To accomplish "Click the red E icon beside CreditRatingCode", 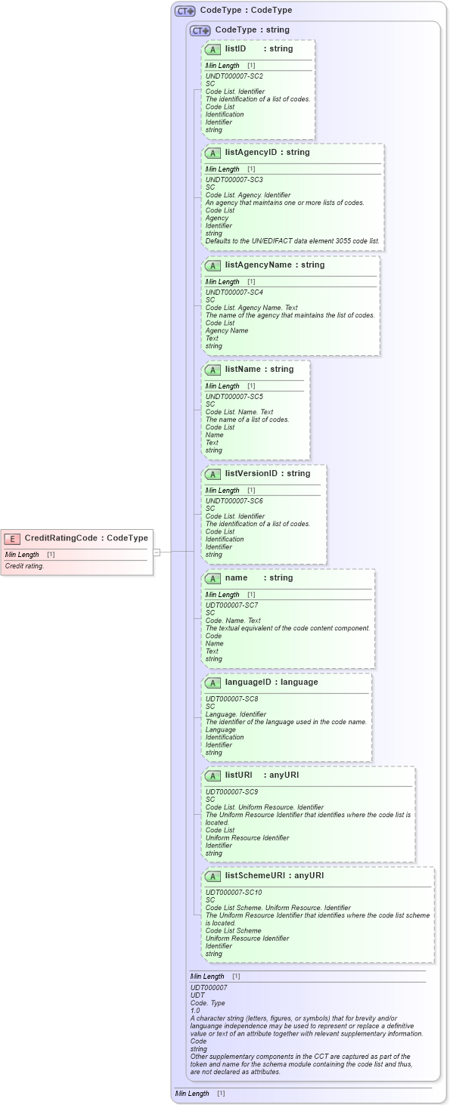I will (12, 538).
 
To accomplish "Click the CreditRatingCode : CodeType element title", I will (85, 538).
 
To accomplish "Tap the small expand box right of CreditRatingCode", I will (157, 552).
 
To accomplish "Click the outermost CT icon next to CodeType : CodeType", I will (185, 11).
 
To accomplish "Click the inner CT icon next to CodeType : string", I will (200, 30).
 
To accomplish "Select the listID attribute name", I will (235, 49).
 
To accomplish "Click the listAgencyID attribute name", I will (251, 153).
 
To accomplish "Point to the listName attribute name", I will (242, 370).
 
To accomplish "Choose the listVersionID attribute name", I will (251, 474).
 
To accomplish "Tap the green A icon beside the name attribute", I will (213, 578).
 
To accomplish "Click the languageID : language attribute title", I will (271, 682).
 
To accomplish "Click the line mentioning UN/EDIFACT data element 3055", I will (293, 241).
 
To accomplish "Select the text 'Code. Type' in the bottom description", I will (207, 1002).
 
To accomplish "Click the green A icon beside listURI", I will (213, 775).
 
